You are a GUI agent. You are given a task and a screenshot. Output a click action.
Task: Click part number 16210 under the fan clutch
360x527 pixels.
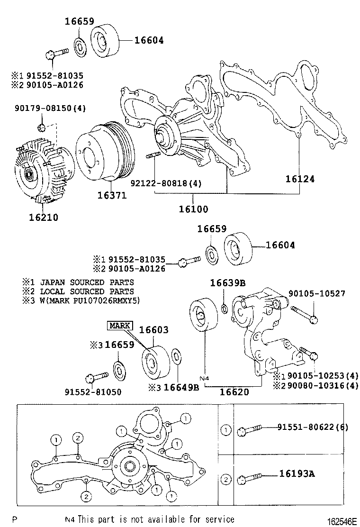coord(43,218)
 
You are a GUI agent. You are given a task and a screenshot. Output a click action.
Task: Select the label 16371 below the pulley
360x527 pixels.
coord(112,195)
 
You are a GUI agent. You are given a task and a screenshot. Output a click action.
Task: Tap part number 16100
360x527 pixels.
coord(193,209)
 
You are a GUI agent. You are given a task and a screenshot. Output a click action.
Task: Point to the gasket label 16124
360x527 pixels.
coord(300,179)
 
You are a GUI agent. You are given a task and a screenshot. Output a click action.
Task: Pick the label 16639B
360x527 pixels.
coord(228,283)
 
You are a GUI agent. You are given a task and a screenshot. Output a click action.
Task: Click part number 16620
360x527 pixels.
coord(234,392)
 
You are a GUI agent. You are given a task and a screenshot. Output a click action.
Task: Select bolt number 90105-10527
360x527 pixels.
coord(318,294)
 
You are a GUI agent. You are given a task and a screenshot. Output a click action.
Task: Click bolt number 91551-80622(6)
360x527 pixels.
coord(313,427)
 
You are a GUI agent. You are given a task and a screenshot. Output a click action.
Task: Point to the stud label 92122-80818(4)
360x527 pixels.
coord(165,183)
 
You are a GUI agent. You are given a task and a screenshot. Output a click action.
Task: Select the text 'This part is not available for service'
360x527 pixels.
coord(156,519)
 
